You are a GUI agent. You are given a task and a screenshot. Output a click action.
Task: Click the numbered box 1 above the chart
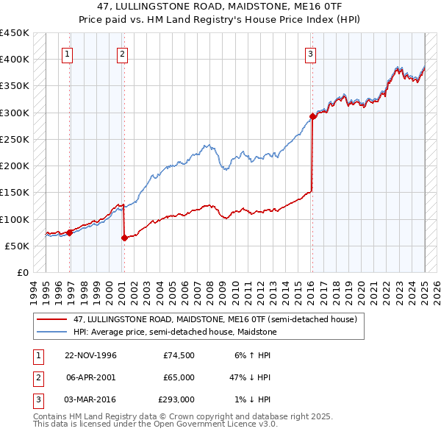click(x=67, y=53)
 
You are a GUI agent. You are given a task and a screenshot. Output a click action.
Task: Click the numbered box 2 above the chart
click(x=121, y=53)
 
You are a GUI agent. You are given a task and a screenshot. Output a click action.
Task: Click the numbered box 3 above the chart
click(x=311, y=53)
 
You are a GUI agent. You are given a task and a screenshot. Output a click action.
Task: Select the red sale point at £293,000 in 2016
click(x=312, y=115)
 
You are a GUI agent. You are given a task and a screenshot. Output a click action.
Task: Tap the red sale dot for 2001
click(x=124, y=238)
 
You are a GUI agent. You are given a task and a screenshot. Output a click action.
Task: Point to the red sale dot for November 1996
click(x=70, y=232)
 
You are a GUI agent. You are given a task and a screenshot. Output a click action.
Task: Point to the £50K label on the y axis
click(x=17, y=246)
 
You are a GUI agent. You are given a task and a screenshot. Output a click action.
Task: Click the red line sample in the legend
click(x=51, y=319)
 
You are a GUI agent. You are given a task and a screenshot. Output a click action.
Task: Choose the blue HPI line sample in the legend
click(x=51, y=332)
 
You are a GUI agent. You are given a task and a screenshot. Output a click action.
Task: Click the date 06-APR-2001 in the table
click(x=91, y=377)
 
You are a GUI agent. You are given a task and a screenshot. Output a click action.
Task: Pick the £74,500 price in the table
click(x=179, y=355)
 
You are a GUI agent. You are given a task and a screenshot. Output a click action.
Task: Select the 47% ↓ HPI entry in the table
click(x=251, y=377)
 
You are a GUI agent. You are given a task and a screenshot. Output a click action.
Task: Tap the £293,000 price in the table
click(x=176, y=399)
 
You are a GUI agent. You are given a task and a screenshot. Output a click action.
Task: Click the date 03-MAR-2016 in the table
click(x=91, y=399)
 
